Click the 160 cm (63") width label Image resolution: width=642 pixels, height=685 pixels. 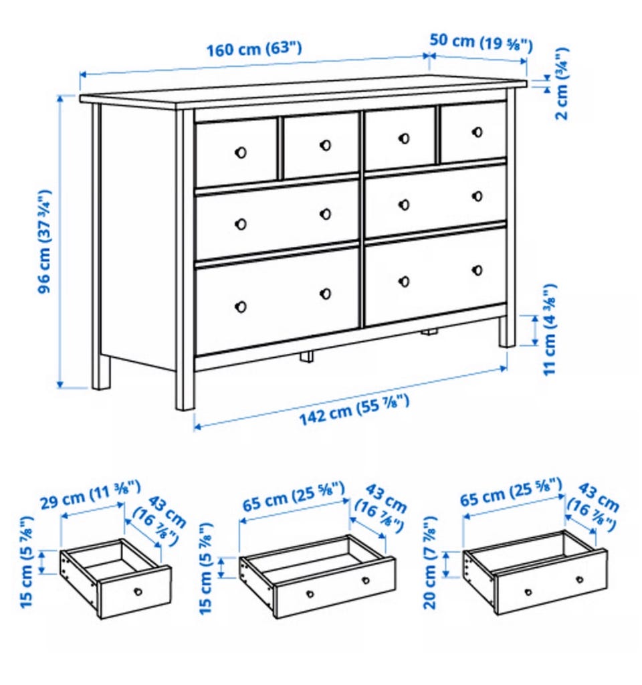253,49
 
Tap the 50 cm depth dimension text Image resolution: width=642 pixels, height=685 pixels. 481,42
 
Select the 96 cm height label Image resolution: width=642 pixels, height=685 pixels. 45,241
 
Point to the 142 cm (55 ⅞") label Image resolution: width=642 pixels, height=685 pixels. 354,409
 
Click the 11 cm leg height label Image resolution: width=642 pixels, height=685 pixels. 550,329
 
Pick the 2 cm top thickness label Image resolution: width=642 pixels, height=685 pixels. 562,84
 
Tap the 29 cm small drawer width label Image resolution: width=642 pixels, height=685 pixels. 90,494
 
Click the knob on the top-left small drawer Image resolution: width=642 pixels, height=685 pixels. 241,153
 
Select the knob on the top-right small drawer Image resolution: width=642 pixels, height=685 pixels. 477,132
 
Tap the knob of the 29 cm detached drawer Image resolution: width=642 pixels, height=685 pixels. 138,591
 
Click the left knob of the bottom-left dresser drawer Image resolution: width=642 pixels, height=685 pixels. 241,306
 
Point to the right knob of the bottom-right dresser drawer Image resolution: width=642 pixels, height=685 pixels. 477,270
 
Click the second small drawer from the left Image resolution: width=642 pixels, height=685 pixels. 321,144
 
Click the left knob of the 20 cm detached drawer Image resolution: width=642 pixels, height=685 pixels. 528,592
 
